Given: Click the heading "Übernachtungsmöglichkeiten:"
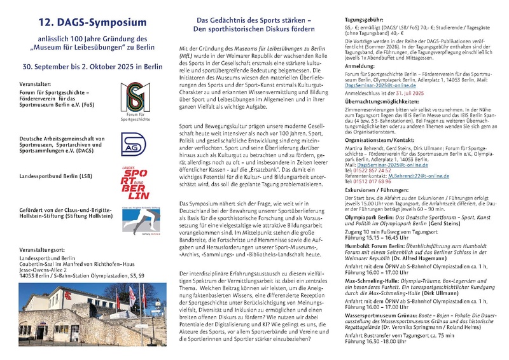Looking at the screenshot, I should point(384,118).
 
